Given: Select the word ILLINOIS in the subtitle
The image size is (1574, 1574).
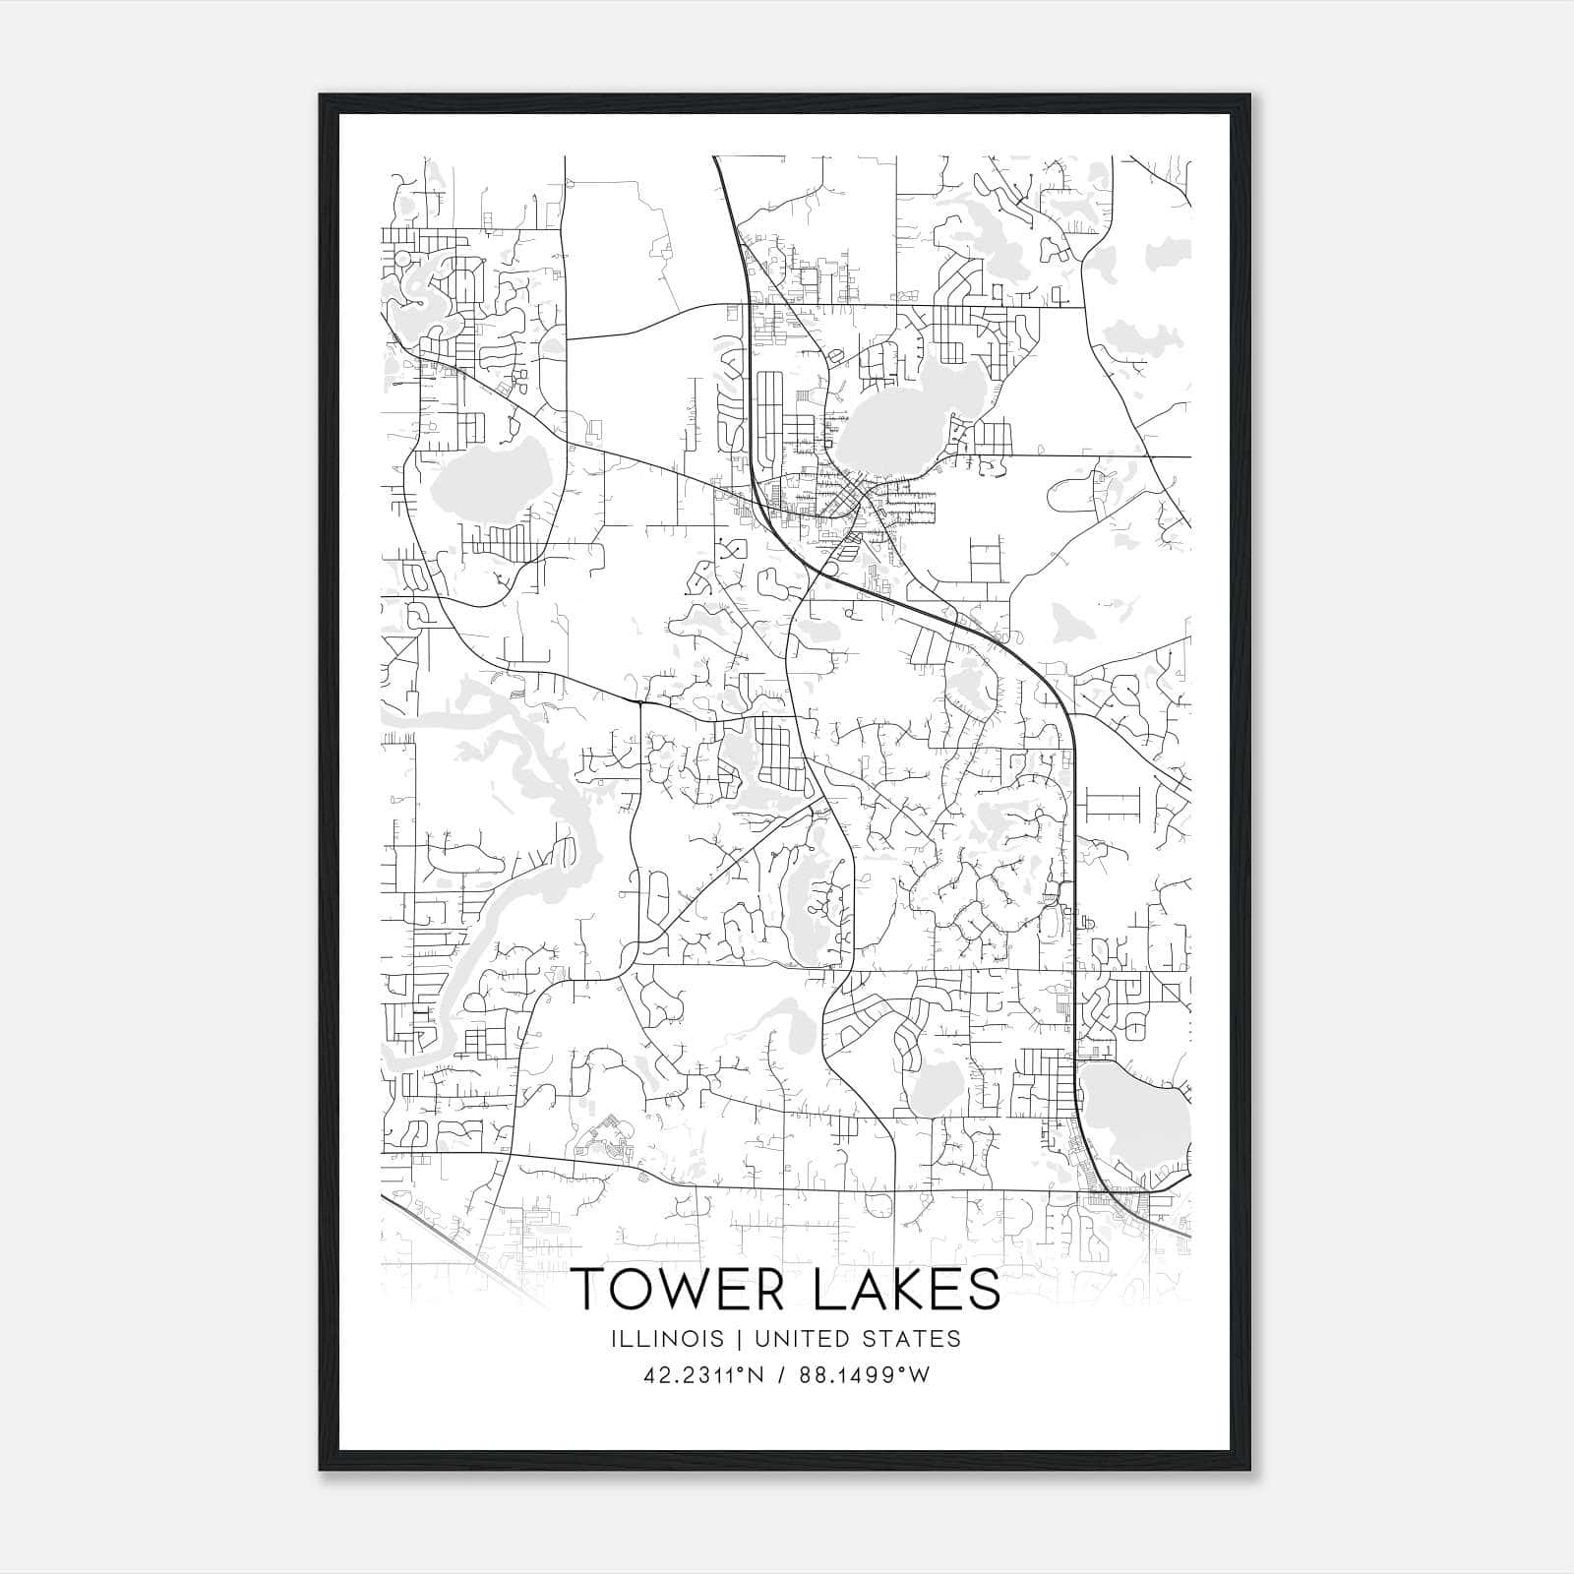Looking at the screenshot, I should pos(666,1339).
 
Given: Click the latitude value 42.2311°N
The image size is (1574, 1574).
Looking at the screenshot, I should pos(703,1374).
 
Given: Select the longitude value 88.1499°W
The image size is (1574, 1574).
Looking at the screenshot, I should pos(864,1374).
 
